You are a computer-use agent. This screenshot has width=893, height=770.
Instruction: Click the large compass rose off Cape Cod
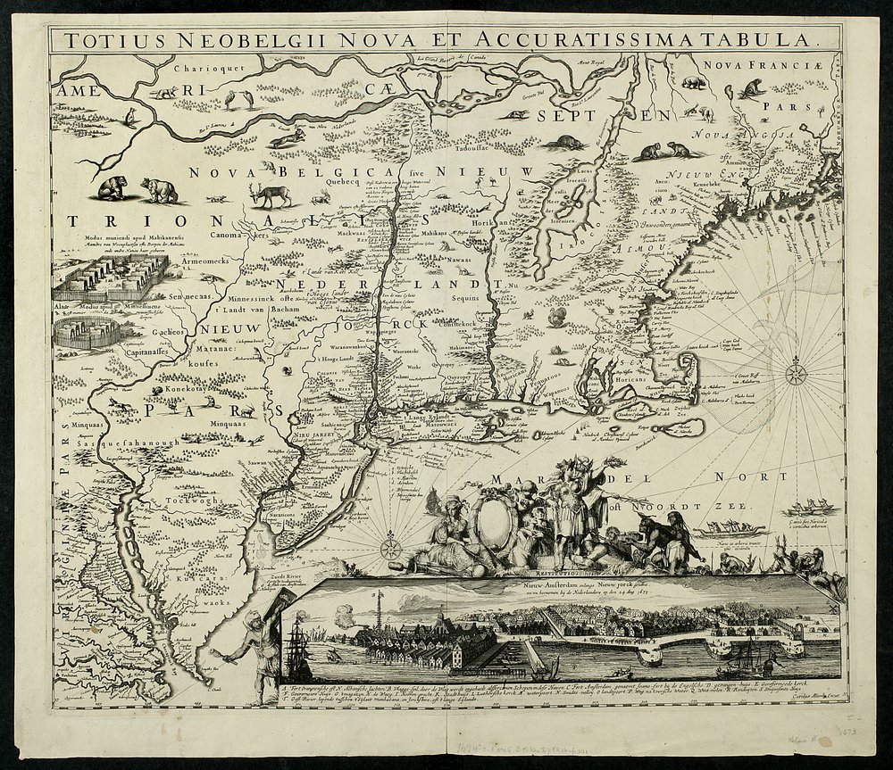point(793,371)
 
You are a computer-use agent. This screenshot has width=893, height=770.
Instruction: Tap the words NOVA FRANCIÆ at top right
point(747,64)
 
